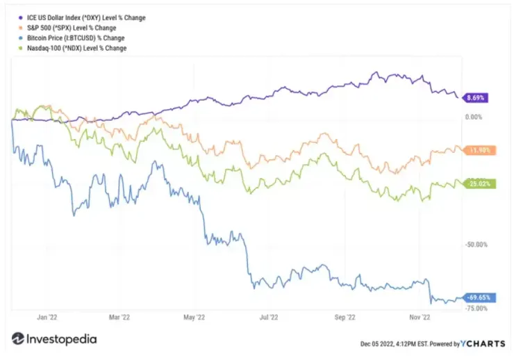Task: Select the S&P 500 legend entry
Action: (71, 28)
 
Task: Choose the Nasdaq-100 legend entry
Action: (77, 49)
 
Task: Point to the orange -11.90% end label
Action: (477, 149)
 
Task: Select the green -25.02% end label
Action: (477, 183)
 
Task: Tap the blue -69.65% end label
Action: (477, 297)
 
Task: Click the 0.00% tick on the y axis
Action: (472, 117)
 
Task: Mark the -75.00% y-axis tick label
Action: (474, 308)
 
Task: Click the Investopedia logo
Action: (54, 340)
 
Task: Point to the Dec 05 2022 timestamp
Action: (394, 343)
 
